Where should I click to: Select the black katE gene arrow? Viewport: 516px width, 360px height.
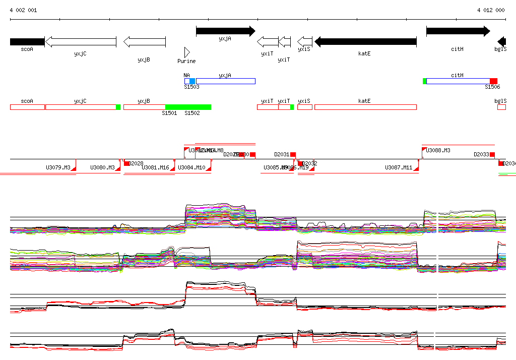point(365,42)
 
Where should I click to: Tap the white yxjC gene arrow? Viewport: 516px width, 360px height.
point(81,42)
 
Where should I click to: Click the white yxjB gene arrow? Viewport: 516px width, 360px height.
point(145,42)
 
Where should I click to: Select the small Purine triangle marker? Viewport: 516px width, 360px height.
point(187,52)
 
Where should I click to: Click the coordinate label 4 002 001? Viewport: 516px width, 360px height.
point(23,10)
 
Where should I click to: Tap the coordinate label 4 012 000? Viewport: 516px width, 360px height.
point(491,10)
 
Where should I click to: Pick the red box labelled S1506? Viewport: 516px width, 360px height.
point(493,81)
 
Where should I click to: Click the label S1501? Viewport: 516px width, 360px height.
point(169,113)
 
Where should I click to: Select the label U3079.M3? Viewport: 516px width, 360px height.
point(58,168)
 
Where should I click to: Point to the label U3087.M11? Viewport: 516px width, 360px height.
point(399,168)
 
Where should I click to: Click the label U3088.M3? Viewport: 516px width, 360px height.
point(438,150)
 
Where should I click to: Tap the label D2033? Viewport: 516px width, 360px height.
point(481,155)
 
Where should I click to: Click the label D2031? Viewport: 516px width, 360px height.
point(282,155)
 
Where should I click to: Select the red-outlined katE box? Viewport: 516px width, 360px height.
point(365,107)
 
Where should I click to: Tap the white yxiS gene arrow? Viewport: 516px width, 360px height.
point(305,42)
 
